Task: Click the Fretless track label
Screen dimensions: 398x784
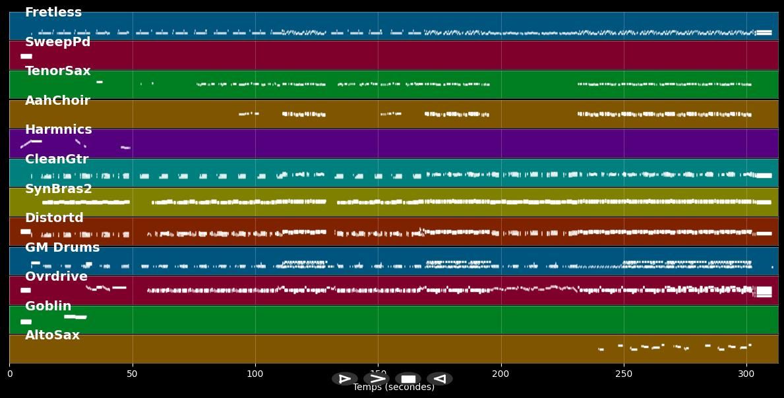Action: [53, 13]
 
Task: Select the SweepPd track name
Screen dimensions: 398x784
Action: [57, 42]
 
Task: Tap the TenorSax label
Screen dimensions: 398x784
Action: [57, 71]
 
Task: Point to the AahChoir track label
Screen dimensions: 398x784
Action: [57, 101]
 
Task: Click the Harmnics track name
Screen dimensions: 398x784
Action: [58, 130]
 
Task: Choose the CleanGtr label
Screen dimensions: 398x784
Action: [56, 159]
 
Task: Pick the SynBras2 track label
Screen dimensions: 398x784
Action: [58, 189]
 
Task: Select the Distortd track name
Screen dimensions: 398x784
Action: [54, 218]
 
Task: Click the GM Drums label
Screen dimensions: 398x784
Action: [62, 248]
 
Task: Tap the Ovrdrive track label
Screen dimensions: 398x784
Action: [56, 277]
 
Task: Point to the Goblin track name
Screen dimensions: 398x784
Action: [48, 306]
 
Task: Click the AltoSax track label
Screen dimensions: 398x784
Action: [52, 335]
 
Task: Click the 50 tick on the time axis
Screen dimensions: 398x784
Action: [132, 374]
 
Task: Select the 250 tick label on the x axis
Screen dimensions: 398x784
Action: [624, 374]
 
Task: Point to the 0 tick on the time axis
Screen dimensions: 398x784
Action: [9, 374]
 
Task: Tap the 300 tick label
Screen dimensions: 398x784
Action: [746, 374]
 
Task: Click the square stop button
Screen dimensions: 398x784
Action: [408, 379]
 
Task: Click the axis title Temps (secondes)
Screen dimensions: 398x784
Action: [394, 387]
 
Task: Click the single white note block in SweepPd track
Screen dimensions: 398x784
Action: [26, 57]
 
